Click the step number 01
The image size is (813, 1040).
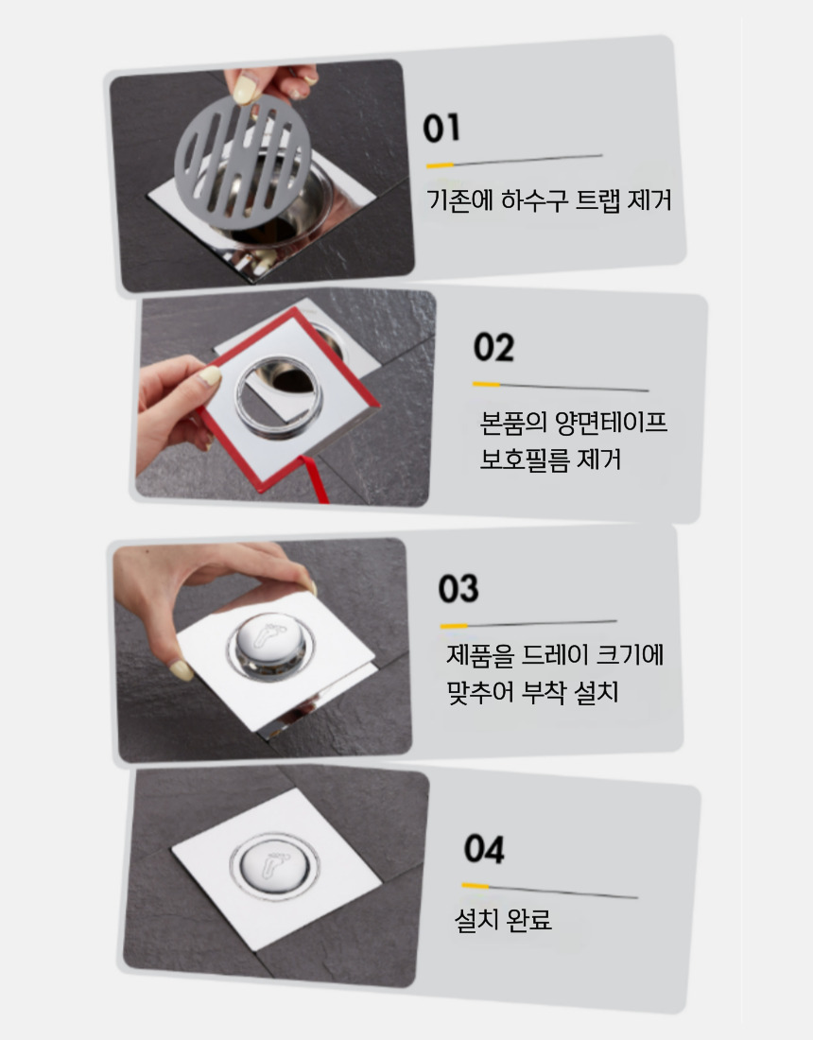(x=441, y=128)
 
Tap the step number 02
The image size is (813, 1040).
(x=494, y=347)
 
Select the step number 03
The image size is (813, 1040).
(x=458, y=588)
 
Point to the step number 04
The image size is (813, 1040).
(x=484, y=849)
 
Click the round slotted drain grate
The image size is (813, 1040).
(x=243, y=161)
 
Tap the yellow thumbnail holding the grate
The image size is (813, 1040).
(x=245, y=89)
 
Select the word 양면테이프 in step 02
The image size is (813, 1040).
(x=611, y=423)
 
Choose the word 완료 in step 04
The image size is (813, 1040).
(x=528, y=919)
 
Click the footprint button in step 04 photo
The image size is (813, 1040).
(x=274, y=865)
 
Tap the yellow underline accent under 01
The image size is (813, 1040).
(x=440, y=165)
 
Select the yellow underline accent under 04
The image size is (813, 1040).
(x=475, y=886)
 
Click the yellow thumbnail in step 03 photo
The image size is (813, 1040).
(x=181, y=670)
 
